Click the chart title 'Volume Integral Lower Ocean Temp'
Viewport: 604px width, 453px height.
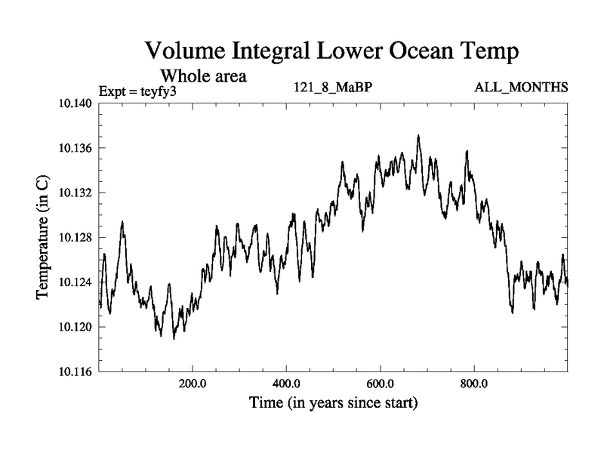click(x=331, y=52)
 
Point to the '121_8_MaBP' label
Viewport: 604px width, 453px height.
click(x=333, y=88)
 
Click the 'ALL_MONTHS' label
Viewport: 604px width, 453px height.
click(x=521, y=88)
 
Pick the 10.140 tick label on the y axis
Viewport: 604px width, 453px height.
click(x=75, y=103)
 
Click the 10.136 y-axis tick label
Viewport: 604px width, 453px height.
click(x=75, y=148)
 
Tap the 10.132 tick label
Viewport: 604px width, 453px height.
click(x=75, y=193)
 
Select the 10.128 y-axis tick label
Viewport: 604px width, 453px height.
click(x=75, y=237)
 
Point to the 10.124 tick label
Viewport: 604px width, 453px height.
click(x=75, y=282)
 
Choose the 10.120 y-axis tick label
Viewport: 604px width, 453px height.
click(x=75, y=327)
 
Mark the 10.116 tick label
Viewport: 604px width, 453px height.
click(x=75, y=371)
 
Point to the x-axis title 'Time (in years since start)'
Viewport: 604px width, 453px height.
click(x=333, y=403)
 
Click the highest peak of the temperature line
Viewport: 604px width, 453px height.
click(x=418, y=135)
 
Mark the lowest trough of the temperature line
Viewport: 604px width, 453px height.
click(x=174, y=339)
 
